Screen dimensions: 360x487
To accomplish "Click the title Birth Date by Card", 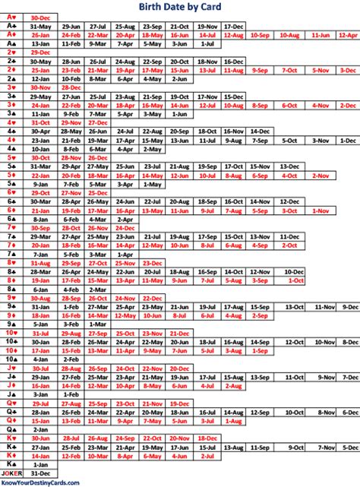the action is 180,6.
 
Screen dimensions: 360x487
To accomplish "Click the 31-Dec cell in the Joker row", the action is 39,473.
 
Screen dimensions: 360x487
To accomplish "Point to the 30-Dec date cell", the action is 39,16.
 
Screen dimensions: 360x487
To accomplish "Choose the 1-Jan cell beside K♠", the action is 39,464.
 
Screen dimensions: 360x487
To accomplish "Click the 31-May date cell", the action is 39,25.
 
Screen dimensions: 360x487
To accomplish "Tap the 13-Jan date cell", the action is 39,44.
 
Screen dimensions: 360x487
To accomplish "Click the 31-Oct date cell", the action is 39,122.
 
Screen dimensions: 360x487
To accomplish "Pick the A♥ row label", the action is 13,16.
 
